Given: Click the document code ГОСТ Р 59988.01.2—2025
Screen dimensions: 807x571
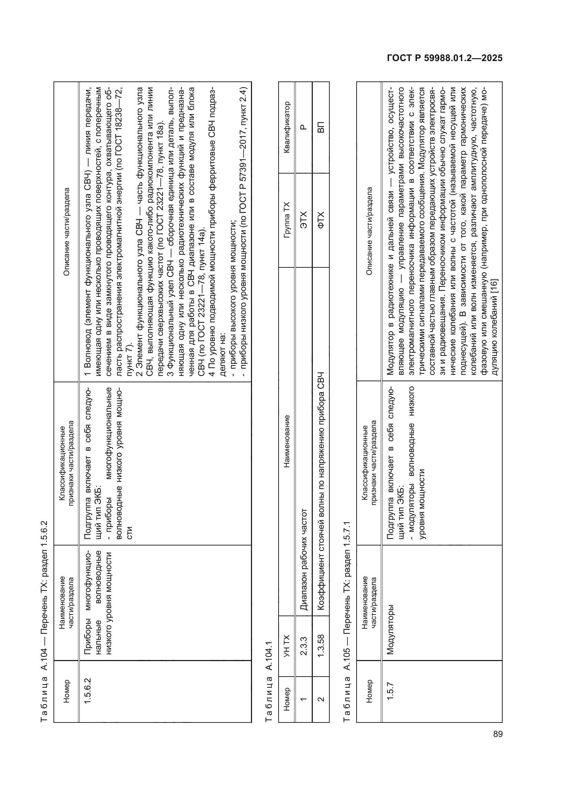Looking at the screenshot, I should (444, 58).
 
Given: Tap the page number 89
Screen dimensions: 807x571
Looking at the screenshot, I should (498, 734).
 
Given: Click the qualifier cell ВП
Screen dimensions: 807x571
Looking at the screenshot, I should (321, 127).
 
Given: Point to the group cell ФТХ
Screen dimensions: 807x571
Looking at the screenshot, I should (321, 220).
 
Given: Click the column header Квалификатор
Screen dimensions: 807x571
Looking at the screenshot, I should (287, 127).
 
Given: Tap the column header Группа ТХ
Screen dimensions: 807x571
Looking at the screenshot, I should (287, 220).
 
